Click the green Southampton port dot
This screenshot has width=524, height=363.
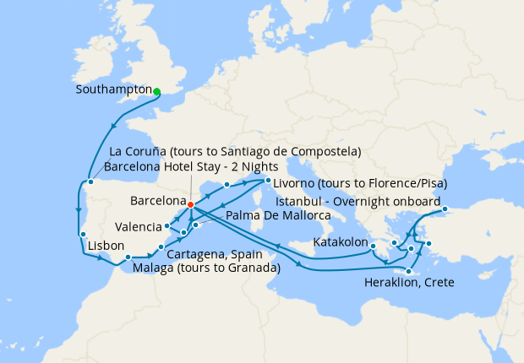[x=157, y=92]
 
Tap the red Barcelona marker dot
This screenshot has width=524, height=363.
[x=191, y=204]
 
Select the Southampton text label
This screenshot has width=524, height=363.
[x=112, y=89]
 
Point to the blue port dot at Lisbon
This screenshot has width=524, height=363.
[x=82, y=235]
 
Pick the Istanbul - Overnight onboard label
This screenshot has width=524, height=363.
[x=363, y=203]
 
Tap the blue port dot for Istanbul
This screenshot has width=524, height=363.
[x=445, y=209]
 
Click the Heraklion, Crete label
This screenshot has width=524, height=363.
[x=409, y=282]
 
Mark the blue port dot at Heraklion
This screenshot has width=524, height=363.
[x=409, y=271]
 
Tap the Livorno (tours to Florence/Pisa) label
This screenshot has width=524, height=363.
[x=360, y=183]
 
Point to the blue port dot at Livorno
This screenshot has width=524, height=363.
[x=268, y=180]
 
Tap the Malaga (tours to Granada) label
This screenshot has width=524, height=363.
[x=206, y=268]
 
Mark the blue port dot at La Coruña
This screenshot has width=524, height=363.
[x=90, y=181]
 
